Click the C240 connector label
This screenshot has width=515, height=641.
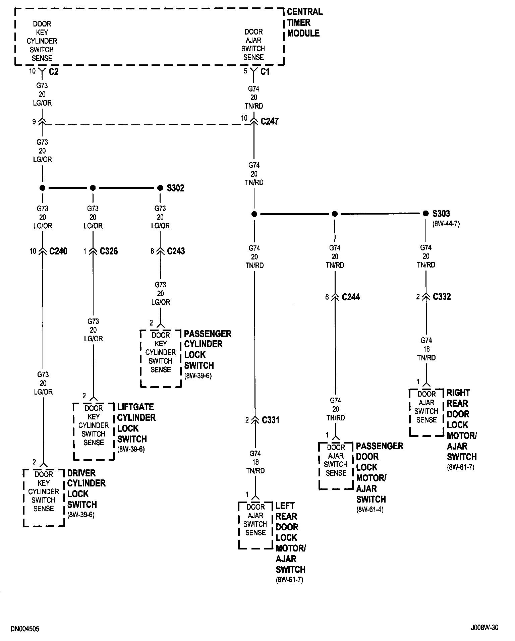coord(58,251)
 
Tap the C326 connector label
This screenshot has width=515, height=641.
coord(109,251)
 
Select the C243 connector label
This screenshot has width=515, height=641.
coord(176,251)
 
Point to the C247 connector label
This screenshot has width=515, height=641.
coord(270,121)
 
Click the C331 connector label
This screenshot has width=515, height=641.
coord(271,420)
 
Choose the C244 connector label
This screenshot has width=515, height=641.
coord(351,297)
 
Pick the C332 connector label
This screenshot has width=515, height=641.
coord(442,296)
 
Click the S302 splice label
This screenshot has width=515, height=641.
coord(176,188)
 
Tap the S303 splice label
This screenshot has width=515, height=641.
coord(441,214)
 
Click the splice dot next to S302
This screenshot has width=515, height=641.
coord(160,188)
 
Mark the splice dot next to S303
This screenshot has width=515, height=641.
coord(426,214)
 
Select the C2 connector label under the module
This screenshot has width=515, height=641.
coord(54,71)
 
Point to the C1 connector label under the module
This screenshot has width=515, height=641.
coord(265,71)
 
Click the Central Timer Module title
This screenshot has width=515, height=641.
coord(304,22)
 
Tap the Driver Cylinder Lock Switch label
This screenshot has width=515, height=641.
coord(87,489)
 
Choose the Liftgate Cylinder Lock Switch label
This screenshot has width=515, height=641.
coord(136,423)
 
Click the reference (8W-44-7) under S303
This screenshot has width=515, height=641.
coord(446,224)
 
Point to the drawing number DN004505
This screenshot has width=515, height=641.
coord(25,629)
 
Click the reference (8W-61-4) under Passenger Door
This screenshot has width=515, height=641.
coord(370,510)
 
